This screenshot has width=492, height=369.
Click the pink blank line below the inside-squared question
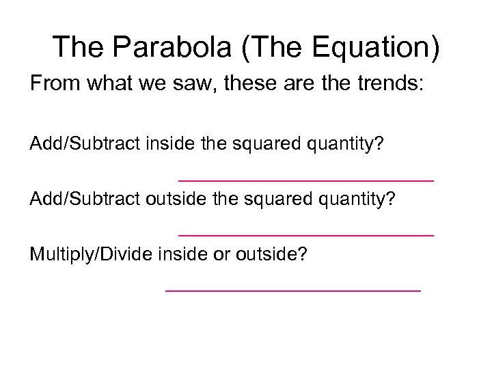(x=305, y=180)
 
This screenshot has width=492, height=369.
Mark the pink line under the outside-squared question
(x=305, y=234)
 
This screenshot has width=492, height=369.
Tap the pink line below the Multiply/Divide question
(x=293, y=290)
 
